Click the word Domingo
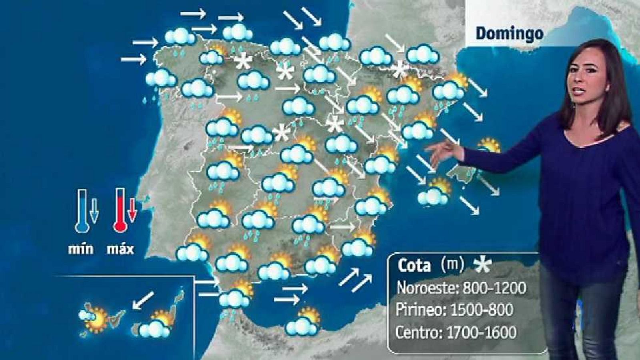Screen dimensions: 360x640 click(x=509, y=34)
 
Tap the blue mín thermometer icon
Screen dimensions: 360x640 click(x=82, y=211)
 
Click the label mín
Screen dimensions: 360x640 click(x=81, y=249)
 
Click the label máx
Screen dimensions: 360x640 click(x=120, y=249)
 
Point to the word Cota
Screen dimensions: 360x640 click(x=414, y=266)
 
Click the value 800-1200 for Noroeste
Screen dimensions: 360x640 click(x=494, y=288)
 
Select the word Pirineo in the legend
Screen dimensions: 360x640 click(x=420, y=310)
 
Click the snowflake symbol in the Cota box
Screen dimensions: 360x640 click(x=482, y=265)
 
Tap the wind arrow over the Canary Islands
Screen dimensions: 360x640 click(x=143, y=300)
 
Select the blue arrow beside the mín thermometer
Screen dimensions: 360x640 click(x=94, y=211)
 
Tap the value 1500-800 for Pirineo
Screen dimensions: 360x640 click(x=482, y=310)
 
